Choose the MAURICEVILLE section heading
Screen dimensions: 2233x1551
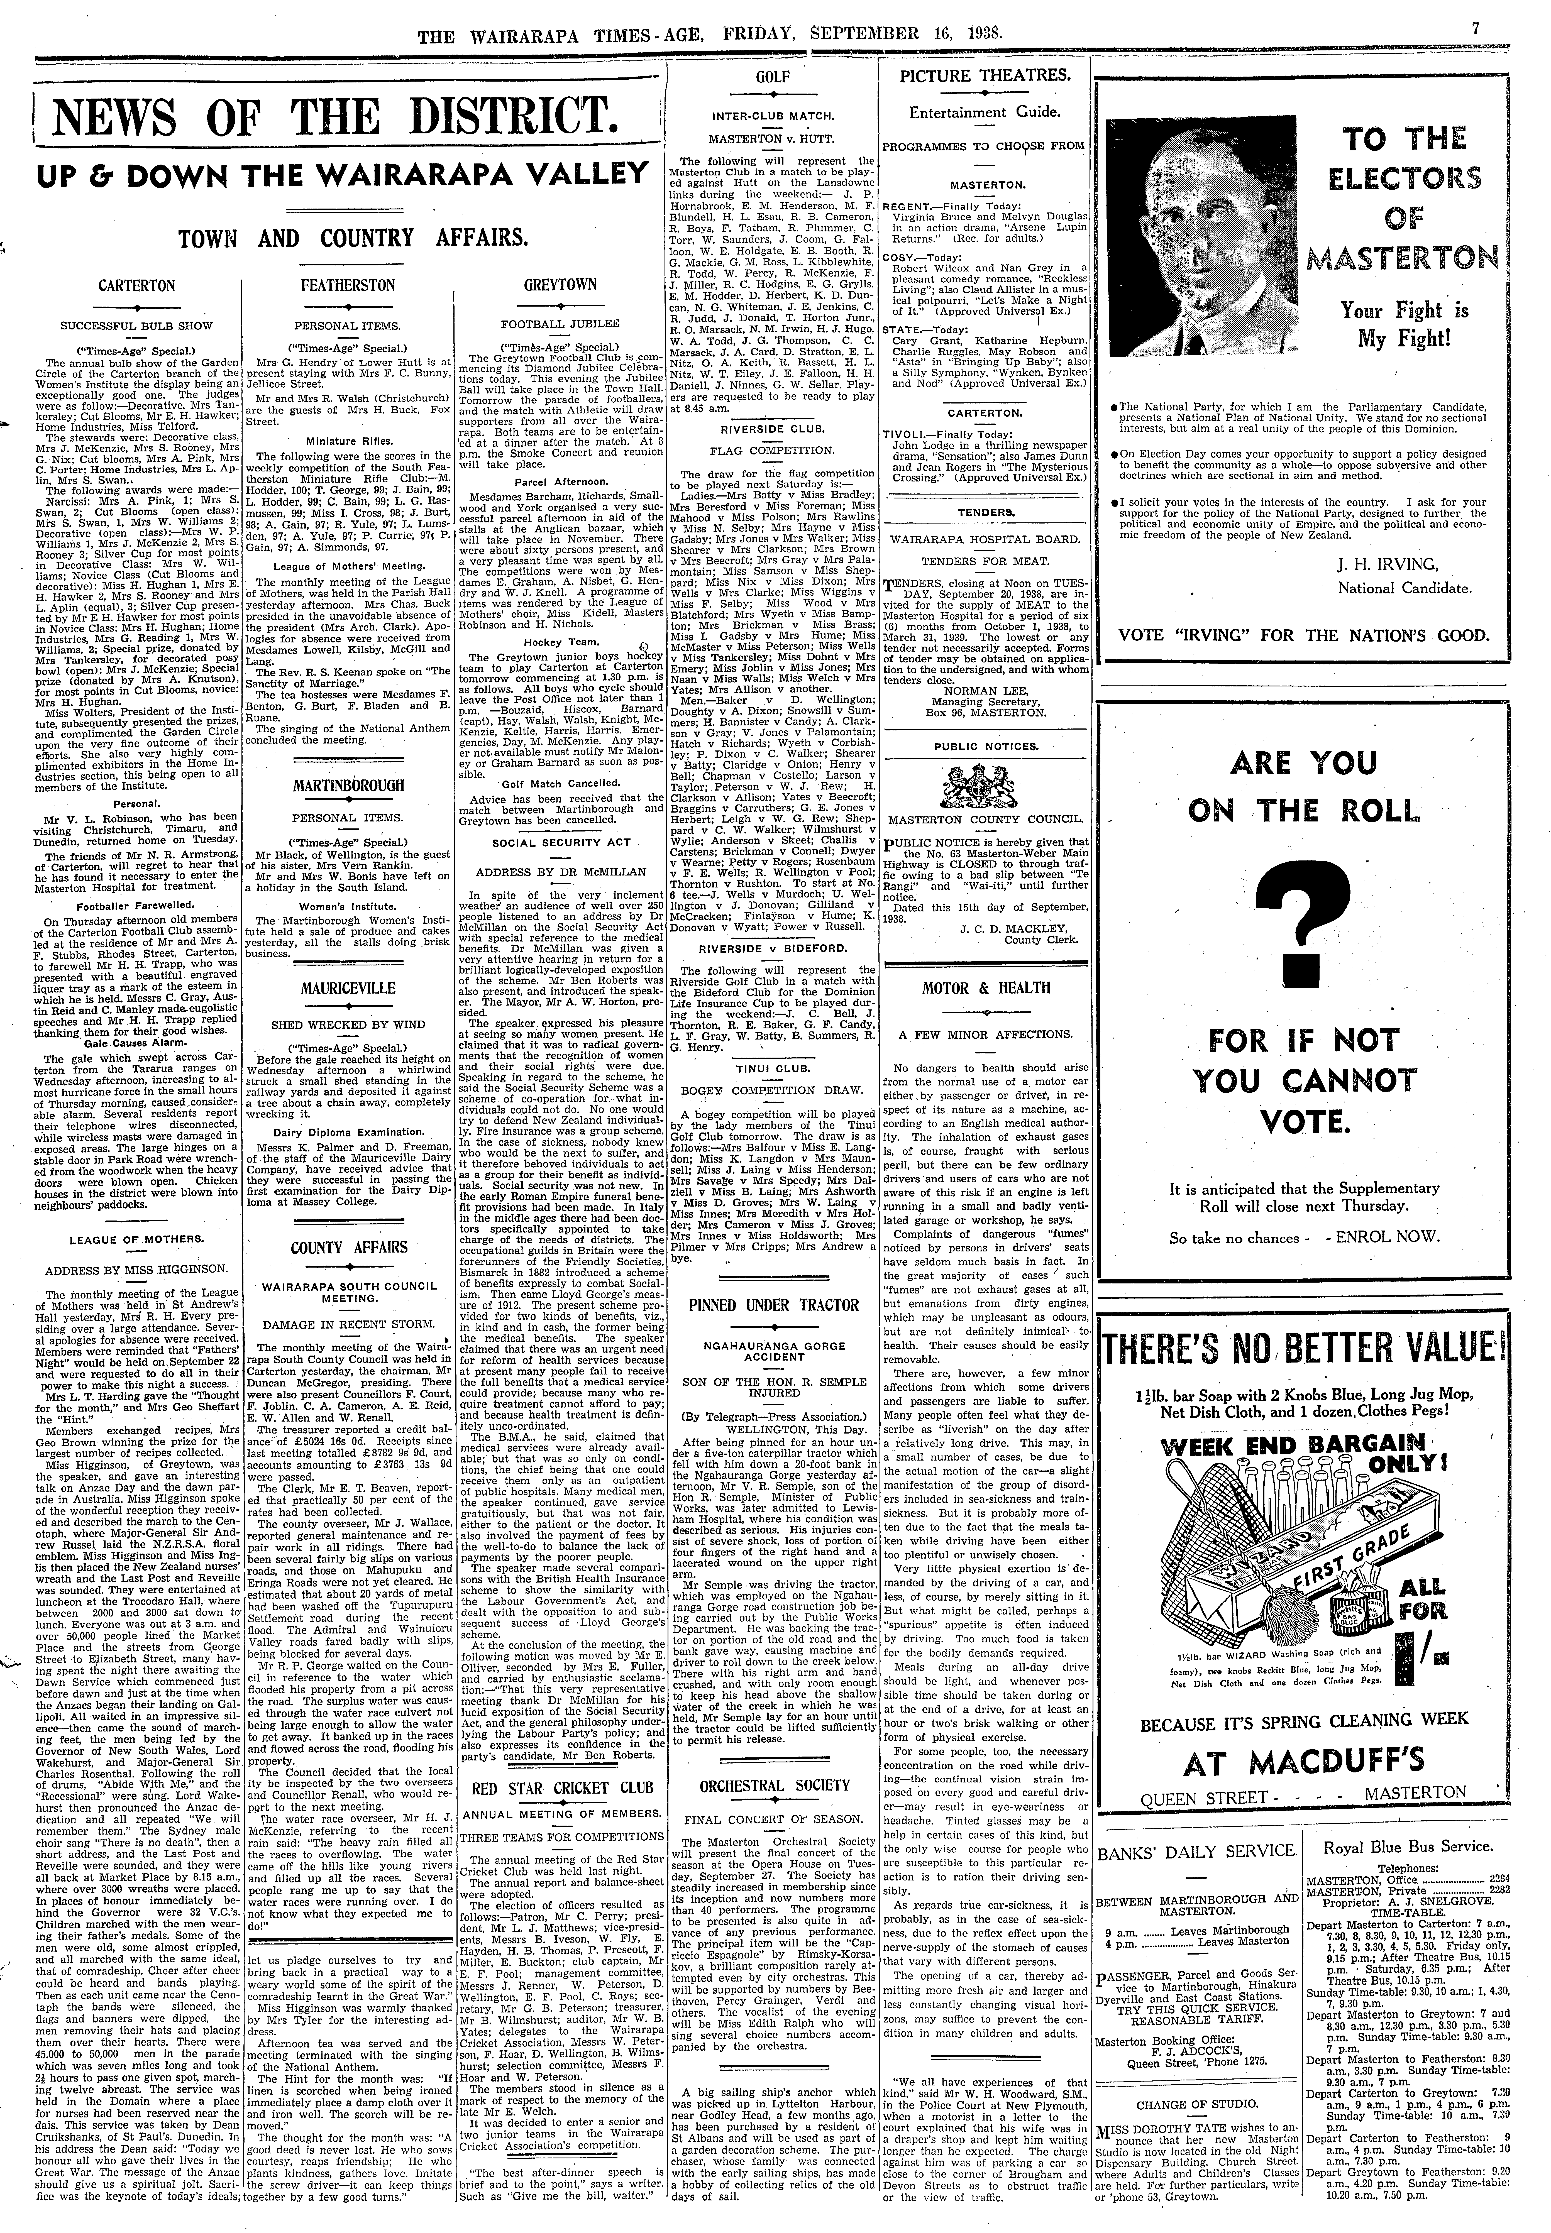tap(348, 988)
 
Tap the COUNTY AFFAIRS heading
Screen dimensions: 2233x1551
tap(348, 1247)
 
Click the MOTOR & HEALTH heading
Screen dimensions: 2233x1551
tap(986, 988)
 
